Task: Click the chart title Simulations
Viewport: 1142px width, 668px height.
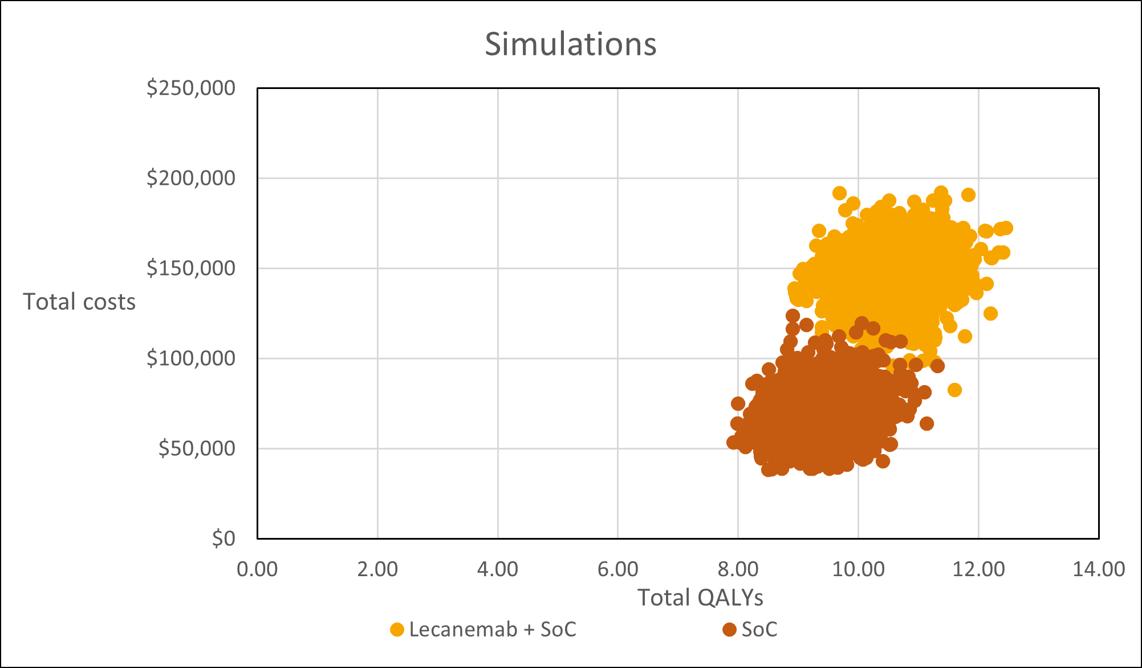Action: [x=570, y=44]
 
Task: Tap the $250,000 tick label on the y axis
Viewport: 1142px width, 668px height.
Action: [x=191, y=88]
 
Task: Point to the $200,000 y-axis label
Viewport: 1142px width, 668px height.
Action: [x=191, y=178]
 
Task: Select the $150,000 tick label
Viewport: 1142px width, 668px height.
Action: [x=191, y=268]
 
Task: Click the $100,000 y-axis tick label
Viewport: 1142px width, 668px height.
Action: [x=191, y=358]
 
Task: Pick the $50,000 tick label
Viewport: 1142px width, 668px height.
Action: [x=197, y=448]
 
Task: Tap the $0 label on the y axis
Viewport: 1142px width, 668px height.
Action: [x=223, y=538]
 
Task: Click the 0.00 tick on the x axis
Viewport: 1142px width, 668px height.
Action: [x=257, y=569]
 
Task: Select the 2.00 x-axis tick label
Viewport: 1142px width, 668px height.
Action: [x=377, y=569]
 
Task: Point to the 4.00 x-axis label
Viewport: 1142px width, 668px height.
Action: [x=498, y=569]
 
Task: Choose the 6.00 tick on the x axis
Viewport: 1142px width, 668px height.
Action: [x=618, y=569]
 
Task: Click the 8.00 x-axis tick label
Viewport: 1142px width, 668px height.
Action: [x=738, y=569]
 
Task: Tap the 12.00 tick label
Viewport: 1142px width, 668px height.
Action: [x=978, y=569]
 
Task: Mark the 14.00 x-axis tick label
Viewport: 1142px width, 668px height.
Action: [x=1099, y=569]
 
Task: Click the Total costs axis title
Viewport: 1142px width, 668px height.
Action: [x=79, y=302]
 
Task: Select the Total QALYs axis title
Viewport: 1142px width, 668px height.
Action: [x=700, y=597]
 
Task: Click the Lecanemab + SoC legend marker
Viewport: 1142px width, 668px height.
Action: [x=397, y=630]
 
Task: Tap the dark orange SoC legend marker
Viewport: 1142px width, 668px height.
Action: [x=729, y=630]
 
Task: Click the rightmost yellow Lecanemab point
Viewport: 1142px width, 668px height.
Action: [x=1006, y=228]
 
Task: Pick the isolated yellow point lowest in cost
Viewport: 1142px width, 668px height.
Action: [x=954, y=390]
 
